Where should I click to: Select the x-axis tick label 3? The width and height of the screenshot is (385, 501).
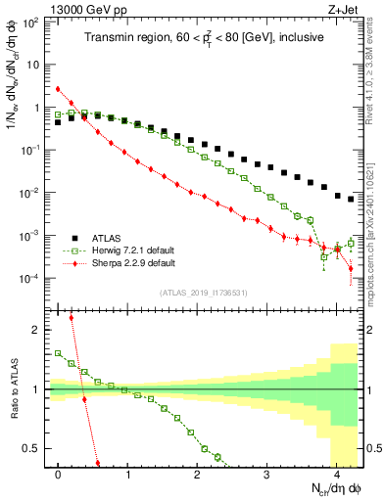[266, 474]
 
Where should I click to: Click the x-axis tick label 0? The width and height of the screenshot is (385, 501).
[59, 474]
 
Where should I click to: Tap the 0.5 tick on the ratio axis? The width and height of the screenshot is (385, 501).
[35, 448]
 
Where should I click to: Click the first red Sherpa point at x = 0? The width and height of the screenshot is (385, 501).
[59, 89]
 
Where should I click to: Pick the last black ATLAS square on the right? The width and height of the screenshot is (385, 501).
[351, 199]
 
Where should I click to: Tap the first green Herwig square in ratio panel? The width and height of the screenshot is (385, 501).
[59, 353]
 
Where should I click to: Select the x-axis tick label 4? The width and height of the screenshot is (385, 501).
[336, 474]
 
